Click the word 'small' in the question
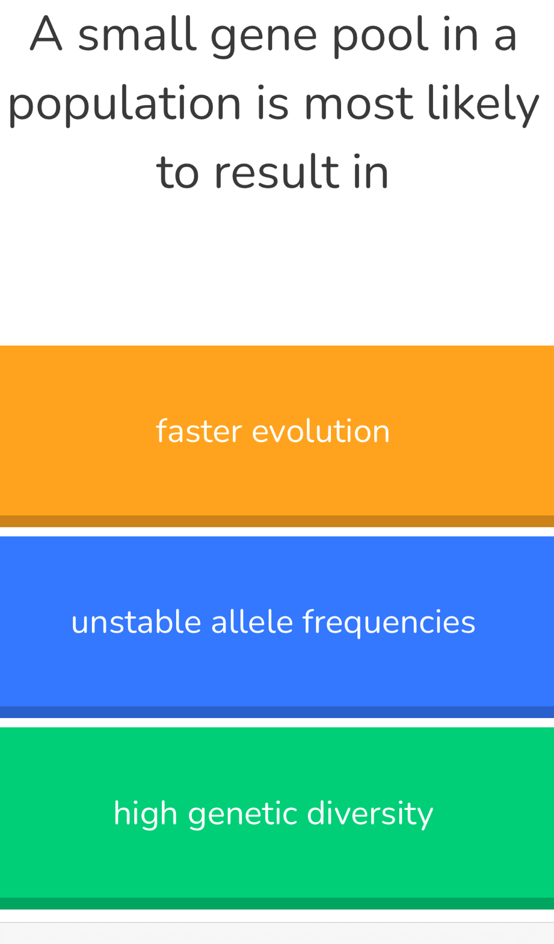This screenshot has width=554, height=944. pos(137,34)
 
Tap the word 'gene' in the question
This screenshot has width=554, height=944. pos(263,38)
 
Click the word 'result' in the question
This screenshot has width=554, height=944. pos(277,171)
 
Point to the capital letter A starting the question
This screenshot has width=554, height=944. pos(46,34)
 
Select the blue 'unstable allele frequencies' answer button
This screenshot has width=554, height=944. pos(277,627)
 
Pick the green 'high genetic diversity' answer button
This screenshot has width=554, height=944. pos(277,818)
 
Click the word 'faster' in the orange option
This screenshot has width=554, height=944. pos(199,431)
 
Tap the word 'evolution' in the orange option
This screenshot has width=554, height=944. pos(321,431)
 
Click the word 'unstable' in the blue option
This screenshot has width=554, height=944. pos(136,622)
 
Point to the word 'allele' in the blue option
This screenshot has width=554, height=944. pos(251,622)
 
